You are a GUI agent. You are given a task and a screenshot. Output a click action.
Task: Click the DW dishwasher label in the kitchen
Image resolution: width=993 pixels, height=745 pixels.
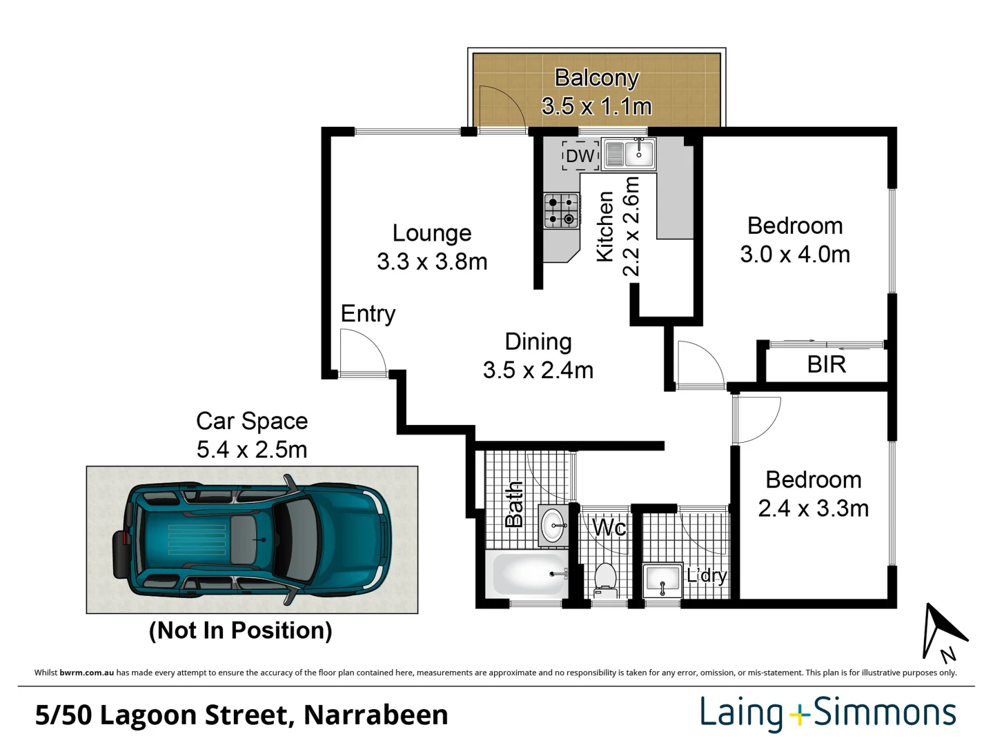(580, 156)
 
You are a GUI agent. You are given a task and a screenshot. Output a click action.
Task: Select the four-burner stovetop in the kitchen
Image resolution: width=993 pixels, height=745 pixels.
(561, 211)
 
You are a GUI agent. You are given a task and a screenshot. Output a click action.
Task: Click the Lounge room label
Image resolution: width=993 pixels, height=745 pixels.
(432, 233)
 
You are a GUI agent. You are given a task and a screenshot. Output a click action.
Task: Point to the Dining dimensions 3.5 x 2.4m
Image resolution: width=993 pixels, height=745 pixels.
(538, 370)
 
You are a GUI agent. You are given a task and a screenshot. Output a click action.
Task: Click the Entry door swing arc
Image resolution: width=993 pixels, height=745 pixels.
(364, 352)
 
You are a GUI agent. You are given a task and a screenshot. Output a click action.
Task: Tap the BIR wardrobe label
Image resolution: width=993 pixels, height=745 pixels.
(826, 364)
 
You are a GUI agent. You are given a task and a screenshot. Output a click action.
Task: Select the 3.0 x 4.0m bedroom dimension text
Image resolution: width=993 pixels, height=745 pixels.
(795, 255)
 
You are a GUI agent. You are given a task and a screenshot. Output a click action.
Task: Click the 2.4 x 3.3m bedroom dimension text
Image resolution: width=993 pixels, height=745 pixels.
(813, 508)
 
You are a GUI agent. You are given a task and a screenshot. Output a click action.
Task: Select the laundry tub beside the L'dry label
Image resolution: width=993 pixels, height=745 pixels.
(662, 580)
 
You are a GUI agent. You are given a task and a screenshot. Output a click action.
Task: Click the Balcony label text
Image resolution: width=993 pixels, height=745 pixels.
(596, 78)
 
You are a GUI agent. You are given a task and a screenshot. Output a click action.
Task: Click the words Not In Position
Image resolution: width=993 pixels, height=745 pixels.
(240, 630)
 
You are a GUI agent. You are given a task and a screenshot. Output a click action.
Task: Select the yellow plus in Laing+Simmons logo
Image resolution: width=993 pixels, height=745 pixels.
(799, 715)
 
